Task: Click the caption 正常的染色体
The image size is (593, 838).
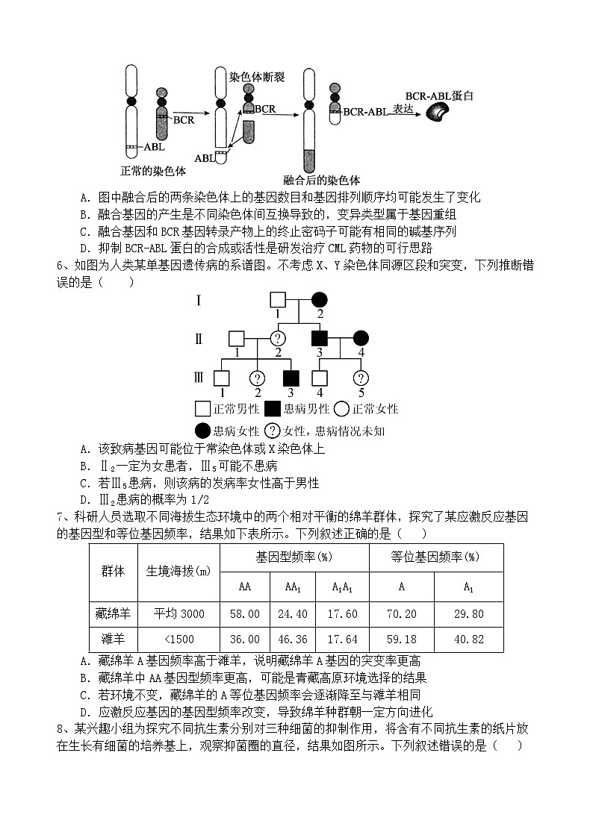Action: [x=152, y=171]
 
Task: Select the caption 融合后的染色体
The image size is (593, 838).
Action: [x=322, y=180]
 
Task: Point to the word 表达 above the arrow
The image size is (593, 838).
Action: [x=403, y=108]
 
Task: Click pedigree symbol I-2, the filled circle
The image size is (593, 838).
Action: [x=320, y=300]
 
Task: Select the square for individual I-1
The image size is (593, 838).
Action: [x=278, y=300]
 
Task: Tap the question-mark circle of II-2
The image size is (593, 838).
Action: [x=279, y=339]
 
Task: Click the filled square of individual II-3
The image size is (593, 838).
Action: [x=320, y=339]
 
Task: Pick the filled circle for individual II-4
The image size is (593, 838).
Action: [x=361, y=339]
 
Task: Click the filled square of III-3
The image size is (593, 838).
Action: [x=291, y=378]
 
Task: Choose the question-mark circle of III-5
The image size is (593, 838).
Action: [x=361, y=378]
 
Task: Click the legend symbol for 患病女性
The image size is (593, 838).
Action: [x=202, y=431]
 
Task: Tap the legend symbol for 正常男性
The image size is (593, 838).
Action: [x=202, y=409]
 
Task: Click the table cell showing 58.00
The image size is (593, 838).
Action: [x=244, y=614]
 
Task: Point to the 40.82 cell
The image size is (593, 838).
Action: [x=468, y=640]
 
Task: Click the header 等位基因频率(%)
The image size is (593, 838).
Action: [x=435, y=557]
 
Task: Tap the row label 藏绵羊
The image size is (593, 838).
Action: [x=113, y=614]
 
